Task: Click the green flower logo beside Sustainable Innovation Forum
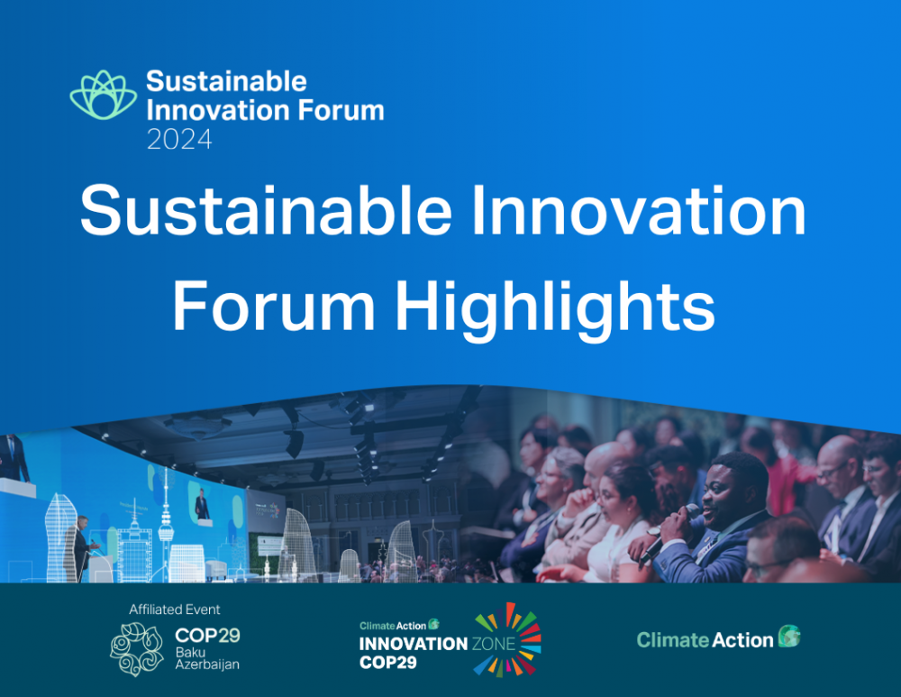click(104, 95)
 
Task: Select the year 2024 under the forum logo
click(179, 140)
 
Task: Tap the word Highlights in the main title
click(554, 306)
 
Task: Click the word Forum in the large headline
click(274, 305)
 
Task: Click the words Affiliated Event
click(175, 610)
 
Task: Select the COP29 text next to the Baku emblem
click(207, 636)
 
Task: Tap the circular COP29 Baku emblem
click(137, 649)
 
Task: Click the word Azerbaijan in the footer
click(207, 665)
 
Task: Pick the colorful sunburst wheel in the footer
click(508, 639)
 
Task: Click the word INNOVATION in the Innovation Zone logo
click(414, 644)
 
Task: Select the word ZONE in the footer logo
click(494, 644)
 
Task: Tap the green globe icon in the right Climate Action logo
click(789, 636)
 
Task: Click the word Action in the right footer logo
click(742, 640)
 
